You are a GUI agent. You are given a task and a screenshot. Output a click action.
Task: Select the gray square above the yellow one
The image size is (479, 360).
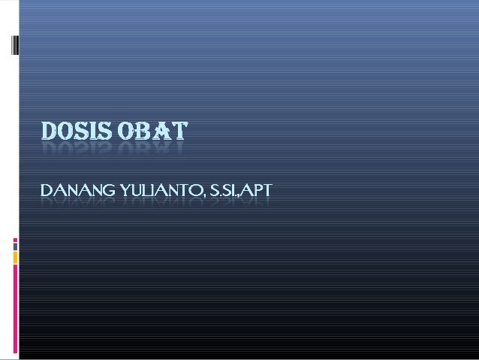(15, 246)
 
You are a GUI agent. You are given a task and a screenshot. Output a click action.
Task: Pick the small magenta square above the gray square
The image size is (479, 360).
(15, 241)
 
